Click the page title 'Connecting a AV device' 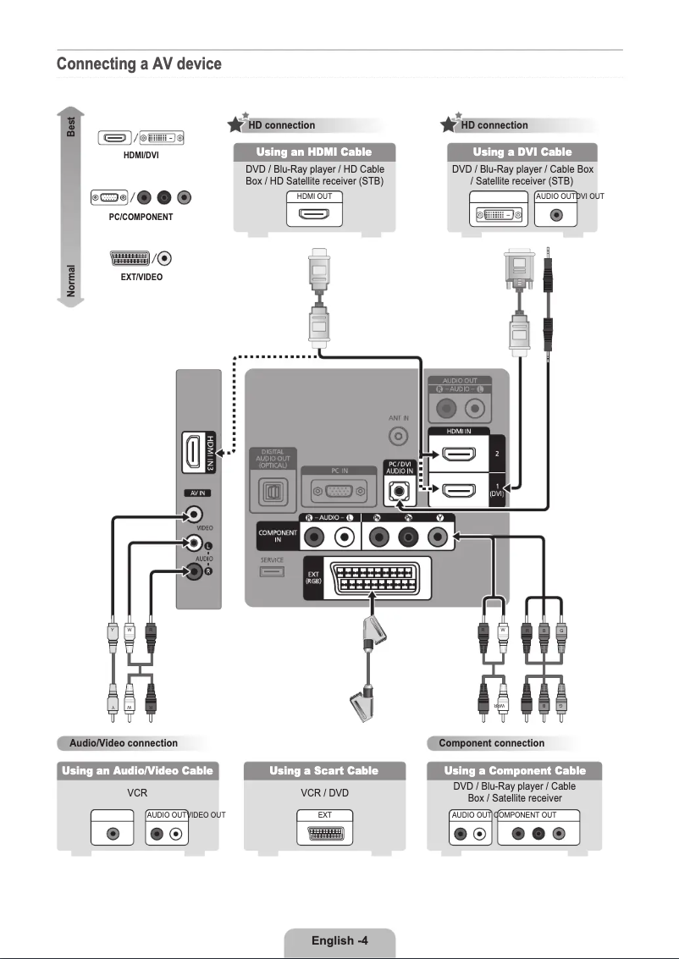pos(139,64)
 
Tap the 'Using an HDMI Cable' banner pos(314,152)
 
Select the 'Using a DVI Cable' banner pos(522,152)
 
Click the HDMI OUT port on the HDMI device pos(314,213)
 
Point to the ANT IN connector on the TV pos(399,437)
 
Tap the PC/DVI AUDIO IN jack pos(399,490)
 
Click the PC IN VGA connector pos(339,490)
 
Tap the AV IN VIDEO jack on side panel pos(195,513)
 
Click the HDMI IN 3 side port pos(194,452)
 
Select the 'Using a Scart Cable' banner pos(323,770)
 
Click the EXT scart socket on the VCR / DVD pos(323,832)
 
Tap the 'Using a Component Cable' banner pos(515,770)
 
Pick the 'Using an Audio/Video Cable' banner pos(137,770)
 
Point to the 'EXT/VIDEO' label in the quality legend pos(141,277)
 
